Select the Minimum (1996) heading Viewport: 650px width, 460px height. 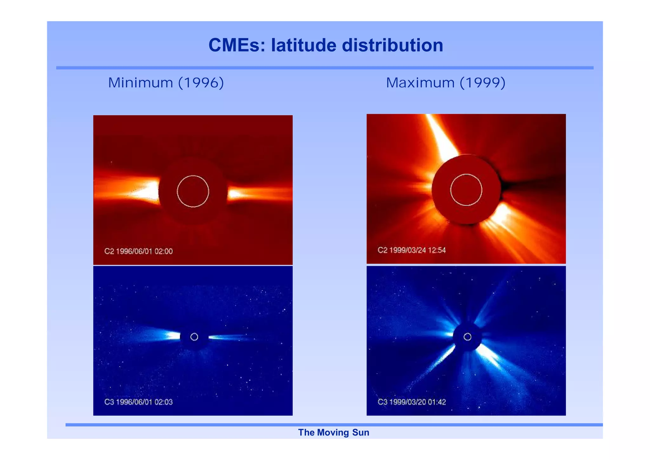(166, 83)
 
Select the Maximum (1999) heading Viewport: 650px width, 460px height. (445, 83)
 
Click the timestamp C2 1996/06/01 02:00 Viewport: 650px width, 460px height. (138, 251)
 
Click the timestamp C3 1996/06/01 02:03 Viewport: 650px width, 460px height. (138, 402)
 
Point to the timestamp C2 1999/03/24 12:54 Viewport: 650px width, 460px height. (412, 250)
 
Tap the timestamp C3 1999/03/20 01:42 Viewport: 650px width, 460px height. (412, 402)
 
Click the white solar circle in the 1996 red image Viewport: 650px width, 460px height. (193, 191)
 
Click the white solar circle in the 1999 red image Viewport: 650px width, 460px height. (466, 190)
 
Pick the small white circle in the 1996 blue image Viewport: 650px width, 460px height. (194, 337)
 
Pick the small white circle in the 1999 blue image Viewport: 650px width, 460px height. (468, 337)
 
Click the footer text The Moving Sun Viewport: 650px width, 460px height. (334, 432)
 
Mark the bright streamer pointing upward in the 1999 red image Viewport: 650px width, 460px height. (443, 137)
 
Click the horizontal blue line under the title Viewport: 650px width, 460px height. (325, 68)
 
